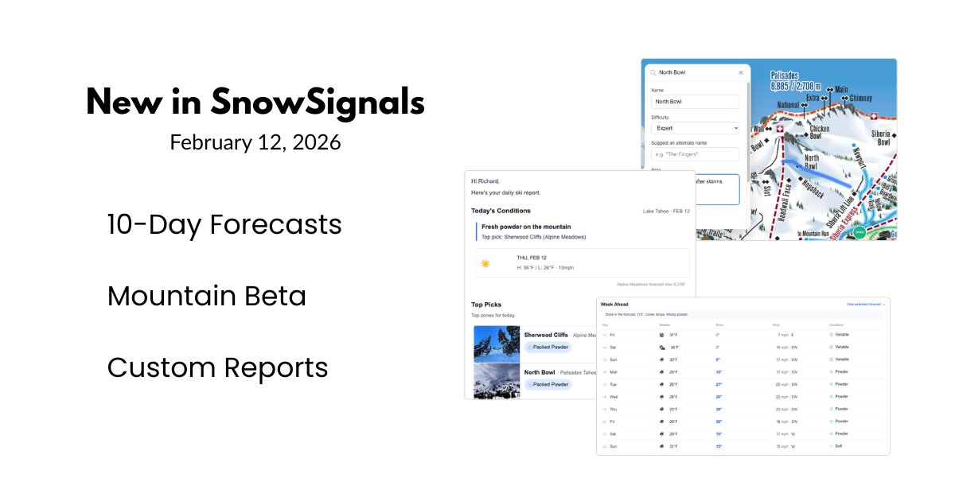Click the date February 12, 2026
coord(255,142)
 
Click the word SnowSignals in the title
coord(317,103)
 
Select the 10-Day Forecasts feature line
coord(224,225)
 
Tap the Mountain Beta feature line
coord(206,296)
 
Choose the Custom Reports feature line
coord(217,367)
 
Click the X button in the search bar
coord(741,72)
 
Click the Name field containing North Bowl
coord(695,102)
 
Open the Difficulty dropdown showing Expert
coord(695,128)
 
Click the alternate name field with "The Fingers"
coord(695,154)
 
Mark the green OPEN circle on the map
coord(859,232)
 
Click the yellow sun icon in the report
coord(485,263)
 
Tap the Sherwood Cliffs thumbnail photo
coord(497,344)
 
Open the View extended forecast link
coord(866,305)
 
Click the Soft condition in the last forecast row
coord(838,446)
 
